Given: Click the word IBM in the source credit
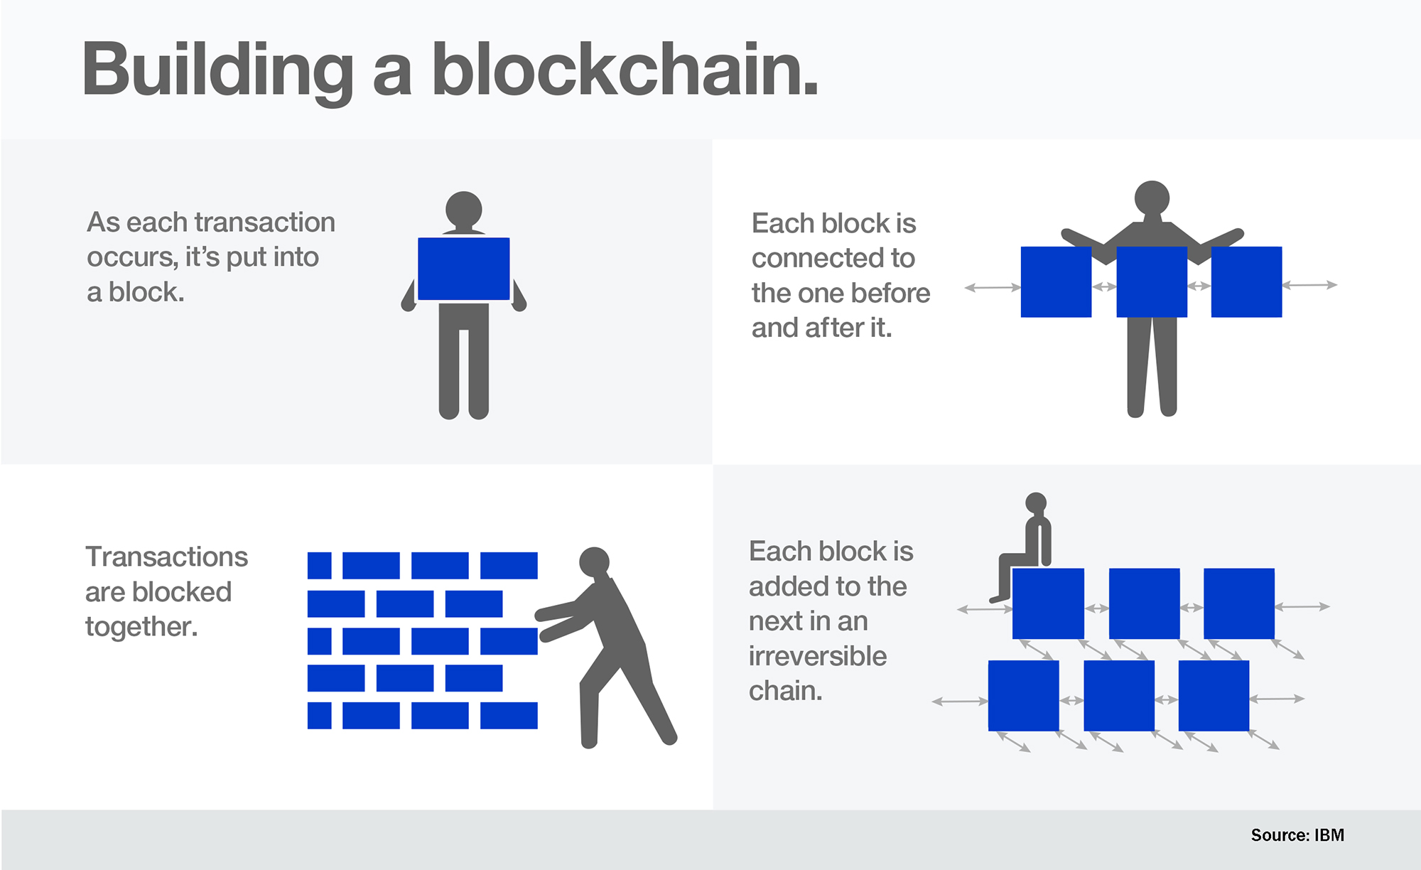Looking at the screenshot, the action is click(1329, 835).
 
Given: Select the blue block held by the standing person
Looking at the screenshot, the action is click(463, 269).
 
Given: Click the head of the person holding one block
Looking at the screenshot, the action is click(464, 210).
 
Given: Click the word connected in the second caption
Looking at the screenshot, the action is click(833, 258).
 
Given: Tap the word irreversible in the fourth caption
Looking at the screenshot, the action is click(818, 656).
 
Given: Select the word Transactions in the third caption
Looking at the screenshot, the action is click(166, 557).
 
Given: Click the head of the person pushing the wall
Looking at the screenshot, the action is click(594, 562).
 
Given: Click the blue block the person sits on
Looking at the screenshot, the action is click(1048, 603).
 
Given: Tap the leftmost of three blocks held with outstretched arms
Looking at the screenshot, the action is click(1056, 281).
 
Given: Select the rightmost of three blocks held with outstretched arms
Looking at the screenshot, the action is click(1246, 281).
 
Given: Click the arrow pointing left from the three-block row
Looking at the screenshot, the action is click(993, 288).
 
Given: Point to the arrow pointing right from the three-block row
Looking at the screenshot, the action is click(1309, 285).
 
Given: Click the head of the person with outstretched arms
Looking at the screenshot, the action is click(1152, 198).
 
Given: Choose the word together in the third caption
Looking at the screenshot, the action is click(141, 627).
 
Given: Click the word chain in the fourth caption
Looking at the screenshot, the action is click(786, 690).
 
